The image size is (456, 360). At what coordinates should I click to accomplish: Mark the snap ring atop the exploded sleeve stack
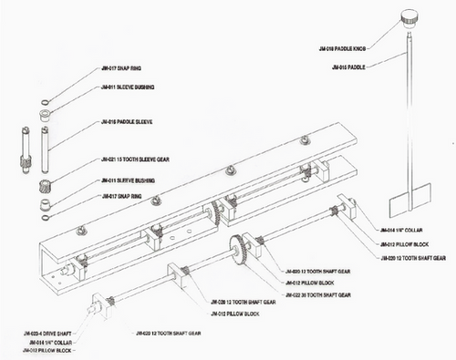coord(44,99)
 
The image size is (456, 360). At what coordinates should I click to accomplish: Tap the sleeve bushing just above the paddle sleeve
coord(44,115)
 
